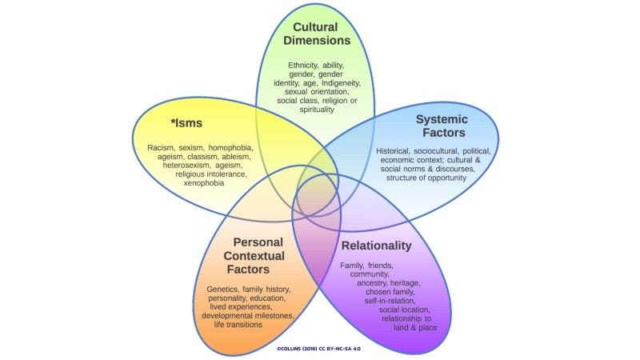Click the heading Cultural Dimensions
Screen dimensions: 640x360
tap(317, 34)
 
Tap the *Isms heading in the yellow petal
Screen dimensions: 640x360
tap(186, 123)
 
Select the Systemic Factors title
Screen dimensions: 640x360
tap(442, 126)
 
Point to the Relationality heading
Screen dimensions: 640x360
tap(376, 246)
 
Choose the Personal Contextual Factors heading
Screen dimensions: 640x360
tap(254, 255)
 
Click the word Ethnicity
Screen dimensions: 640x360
tap(303, 66)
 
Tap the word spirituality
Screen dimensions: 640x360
tap(317, 110)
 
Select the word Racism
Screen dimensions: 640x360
tap(162, 147)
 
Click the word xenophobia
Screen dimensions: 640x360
tap(204, 183)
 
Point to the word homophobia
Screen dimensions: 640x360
tap(230, 147)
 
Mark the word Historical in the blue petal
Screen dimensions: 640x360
tap(393, 151)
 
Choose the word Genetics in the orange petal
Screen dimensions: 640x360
tap(222, 289)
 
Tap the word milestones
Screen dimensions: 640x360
tap(273, 315)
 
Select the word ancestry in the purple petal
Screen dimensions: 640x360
tap(372, 283)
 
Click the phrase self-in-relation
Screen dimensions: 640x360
tap(390, 301)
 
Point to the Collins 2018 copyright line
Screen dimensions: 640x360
tap(318, 349)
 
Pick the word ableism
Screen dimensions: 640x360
tap(236, 156)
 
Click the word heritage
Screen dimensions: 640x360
tap(405, 283)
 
